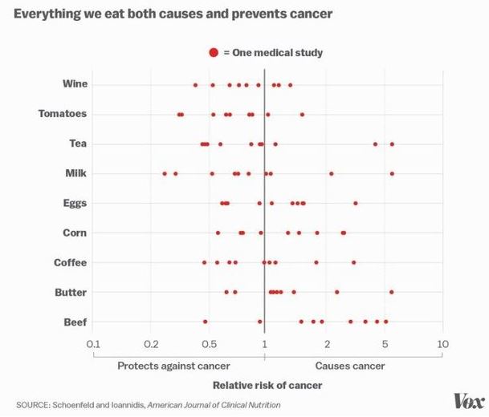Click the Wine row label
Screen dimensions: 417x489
click(75, 84)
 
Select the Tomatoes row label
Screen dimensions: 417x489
click(63, 114)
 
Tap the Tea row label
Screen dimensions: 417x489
click(78, 144)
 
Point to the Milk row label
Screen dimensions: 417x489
click(76, 173)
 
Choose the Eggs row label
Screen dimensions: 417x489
click(75, 203)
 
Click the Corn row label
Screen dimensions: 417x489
click(75, 233)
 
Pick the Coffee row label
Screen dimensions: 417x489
click(71, 262)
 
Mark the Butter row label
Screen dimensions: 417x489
click(71, 292)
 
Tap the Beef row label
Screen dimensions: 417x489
click(75, 322)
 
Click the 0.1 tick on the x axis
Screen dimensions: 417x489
click(94, 343)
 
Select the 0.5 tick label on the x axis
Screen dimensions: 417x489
click(209, 343)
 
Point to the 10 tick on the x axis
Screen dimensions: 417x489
click(441, 343)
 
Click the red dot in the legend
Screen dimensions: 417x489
click(214, 53)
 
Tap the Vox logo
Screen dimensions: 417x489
click(467, 400)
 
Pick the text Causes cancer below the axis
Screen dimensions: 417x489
click(350, 366)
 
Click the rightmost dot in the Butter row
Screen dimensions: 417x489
click(391, 292)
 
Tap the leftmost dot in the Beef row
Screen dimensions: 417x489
click(205, 322)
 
